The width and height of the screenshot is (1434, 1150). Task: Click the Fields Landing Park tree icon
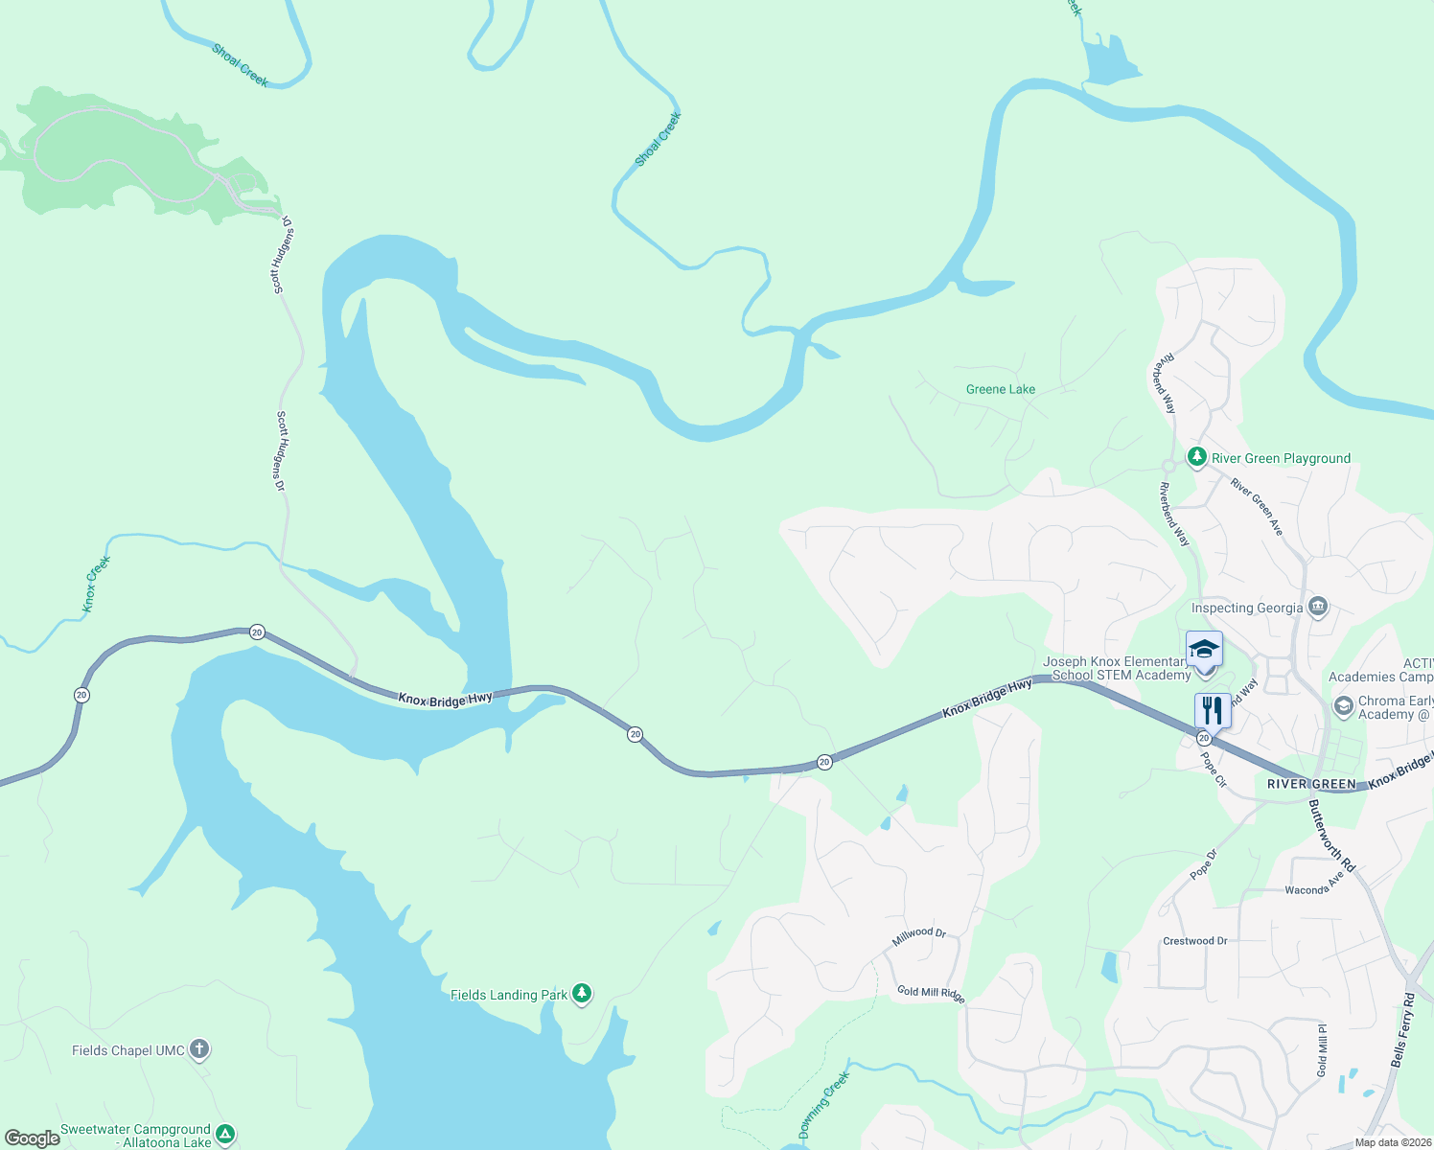pos(582,994)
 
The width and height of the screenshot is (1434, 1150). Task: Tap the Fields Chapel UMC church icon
pos(199,1050)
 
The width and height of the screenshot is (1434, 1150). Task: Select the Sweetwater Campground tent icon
pos(225,1135)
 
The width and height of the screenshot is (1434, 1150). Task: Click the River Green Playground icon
pos(1196,457)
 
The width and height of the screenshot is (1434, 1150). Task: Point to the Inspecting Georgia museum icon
pos(1318,607)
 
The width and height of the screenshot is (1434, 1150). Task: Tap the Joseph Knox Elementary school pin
pos(1204,651)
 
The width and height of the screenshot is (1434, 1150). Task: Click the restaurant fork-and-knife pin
pos(1213,711)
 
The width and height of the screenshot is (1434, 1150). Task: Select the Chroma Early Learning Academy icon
pos(1344,707)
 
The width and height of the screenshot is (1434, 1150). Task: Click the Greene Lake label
pos(1001,389)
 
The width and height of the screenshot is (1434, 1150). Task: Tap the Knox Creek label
pos(96,584)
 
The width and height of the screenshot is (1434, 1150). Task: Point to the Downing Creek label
pos(824,1105)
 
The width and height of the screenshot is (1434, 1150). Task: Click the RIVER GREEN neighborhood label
pos(1311,784)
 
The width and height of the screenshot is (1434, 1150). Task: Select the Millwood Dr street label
pos(918,936)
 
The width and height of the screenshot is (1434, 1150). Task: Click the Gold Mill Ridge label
pos(931,994)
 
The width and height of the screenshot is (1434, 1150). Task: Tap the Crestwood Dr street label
pos(1194,941)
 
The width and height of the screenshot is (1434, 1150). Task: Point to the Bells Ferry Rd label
pos(1402,1030)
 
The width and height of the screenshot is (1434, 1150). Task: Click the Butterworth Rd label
pos(1332,837)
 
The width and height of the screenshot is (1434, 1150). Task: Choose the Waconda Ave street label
pos(1315,884)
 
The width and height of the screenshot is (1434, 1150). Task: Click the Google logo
pos(33,1138)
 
